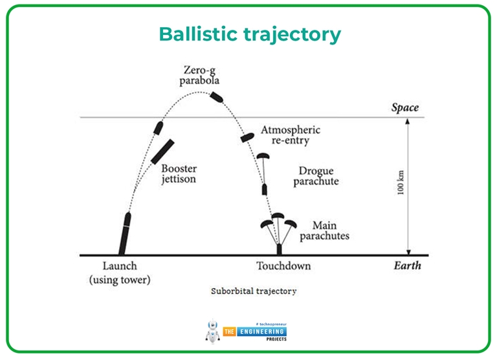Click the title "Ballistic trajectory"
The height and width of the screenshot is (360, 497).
[250, 34]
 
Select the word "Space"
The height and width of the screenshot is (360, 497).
[405, 107]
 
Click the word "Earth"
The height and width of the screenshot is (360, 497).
[407, 265]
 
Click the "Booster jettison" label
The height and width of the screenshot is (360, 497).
[179, 174]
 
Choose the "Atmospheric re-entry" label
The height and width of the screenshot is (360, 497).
[290, 135]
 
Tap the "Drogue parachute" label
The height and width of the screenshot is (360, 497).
[316, 176]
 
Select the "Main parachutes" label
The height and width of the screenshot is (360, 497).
[330, 231]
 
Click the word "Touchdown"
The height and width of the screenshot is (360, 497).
[283, 266]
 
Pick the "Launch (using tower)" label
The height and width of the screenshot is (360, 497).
[120, 273]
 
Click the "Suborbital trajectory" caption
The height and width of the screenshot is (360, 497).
[254, 291]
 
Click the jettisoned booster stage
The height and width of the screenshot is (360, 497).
[163, 151]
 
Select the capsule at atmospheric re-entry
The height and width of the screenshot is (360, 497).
[247, 137]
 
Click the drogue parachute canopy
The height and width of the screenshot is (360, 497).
[262, 156]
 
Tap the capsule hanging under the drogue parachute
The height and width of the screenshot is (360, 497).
[265, 190]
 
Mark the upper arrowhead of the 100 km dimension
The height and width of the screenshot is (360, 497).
[409, 122]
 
